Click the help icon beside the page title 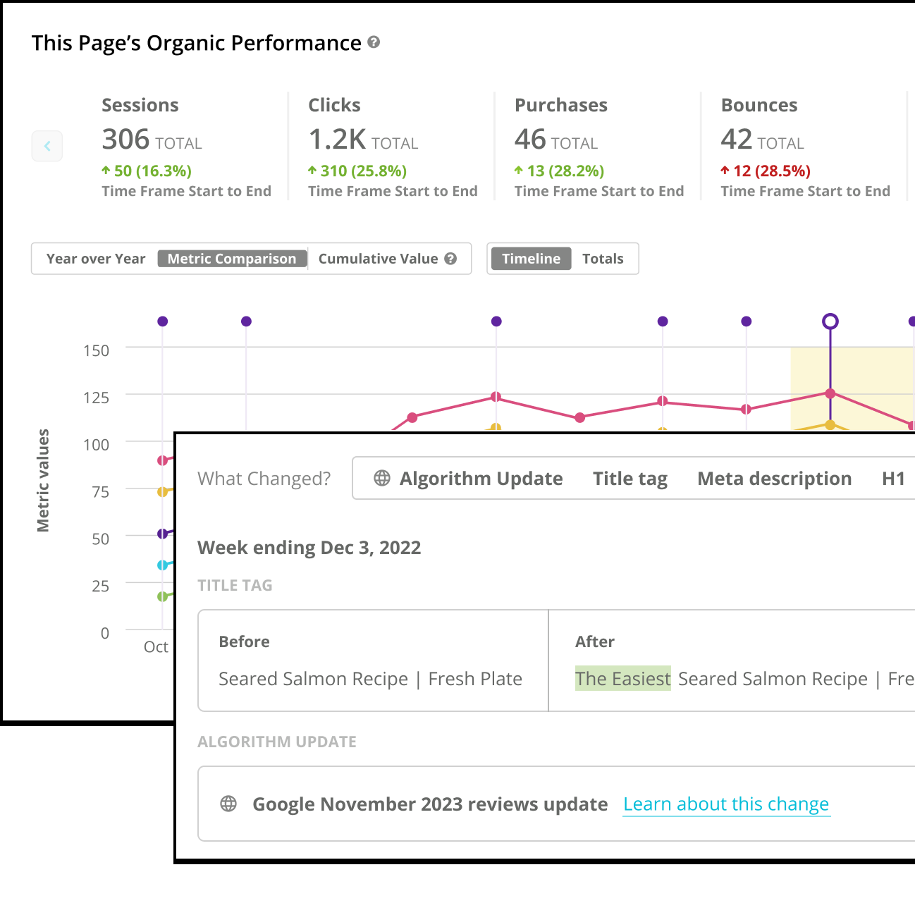(x=374, y=42)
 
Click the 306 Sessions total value (x=126, y=140)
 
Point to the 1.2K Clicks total (x=338, y=140)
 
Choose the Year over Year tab (x=96, y=259)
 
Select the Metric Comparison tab (x=232, y=259)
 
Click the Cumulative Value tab (x=379, y=259)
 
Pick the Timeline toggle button (x=531, y=259)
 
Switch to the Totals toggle (x=603, y=259)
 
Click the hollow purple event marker (x=830, y=321)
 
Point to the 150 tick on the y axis (x=97, y=350)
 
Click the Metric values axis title (x=43, y=480)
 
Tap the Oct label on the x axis (x=156, y=646)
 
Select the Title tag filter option (x=630, y=479)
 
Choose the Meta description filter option (x=774, y=479)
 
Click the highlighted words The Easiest (x=622, y=679)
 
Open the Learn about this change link (x=726, y=804)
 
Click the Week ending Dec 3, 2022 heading (x=309, y=548)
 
